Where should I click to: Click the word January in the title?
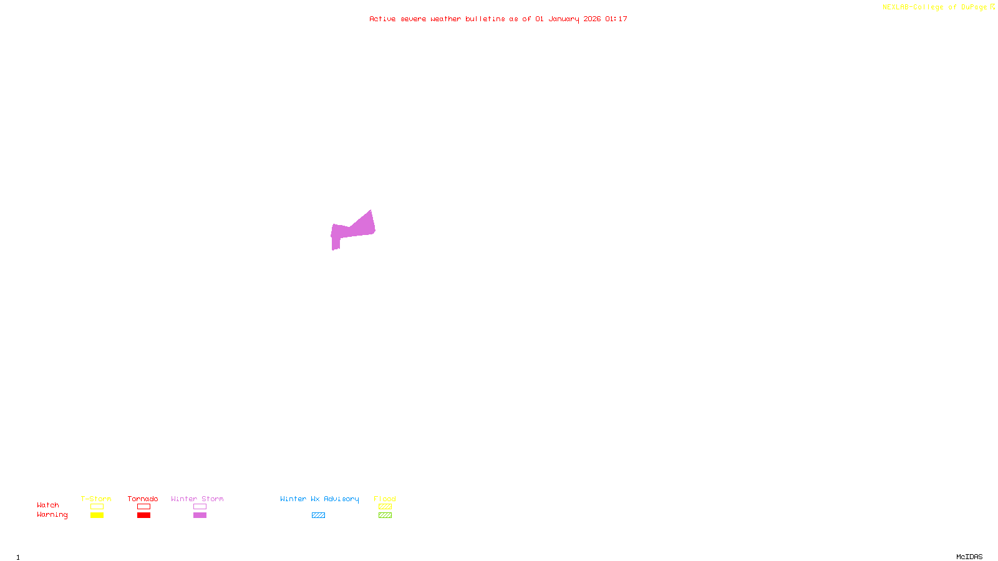(x=563, y=19)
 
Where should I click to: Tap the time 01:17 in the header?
(x=616, y=19)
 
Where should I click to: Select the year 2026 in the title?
(x=592, y=19)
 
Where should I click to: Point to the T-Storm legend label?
(x=96, y=499)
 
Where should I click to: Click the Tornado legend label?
(x=143, y=499)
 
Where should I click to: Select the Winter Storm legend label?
(x=197, y=499)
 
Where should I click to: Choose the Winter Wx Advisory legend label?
(x=319, y=499)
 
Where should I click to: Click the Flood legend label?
(x=385, y=499)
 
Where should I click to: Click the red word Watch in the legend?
(x=48, y=505)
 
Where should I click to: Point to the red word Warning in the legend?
(x=52, y=515)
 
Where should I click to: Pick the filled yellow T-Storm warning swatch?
(x=97, y=515)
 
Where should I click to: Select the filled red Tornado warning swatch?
(x=143, y=515)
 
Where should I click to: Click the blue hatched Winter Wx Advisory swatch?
(x=318, y=515)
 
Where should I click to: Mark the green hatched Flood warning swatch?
(x=385, y=515)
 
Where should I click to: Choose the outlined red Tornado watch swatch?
(x=143, y=507)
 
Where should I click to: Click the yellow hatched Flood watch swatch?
(x=385, y=507)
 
